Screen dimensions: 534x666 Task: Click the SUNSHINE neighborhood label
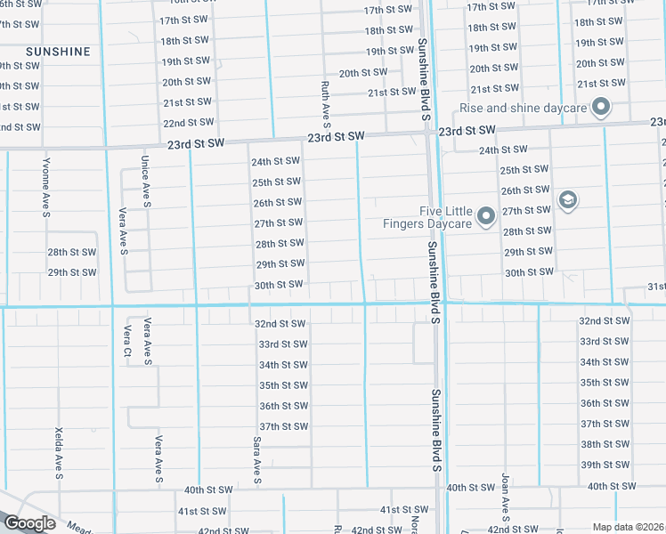[x=58, y=52]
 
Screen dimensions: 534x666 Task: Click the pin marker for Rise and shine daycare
[x=601, y=108]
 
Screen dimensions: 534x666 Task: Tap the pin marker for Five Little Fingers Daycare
[x=486, y=215]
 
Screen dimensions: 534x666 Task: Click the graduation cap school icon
[x=566, y=200]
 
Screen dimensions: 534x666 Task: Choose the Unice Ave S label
[x=145, y=180]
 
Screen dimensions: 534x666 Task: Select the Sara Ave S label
[x=256, y=459]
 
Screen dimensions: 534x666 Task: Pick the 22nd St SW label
[x=187, y=123]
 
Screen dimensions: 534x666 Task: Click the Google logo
[x=29, y=523]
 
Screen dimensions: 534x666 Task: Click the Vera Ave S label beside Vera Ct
[x=148, y=342]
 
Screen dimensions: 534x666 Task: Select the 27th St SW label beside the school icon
[x=526, y=210]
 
